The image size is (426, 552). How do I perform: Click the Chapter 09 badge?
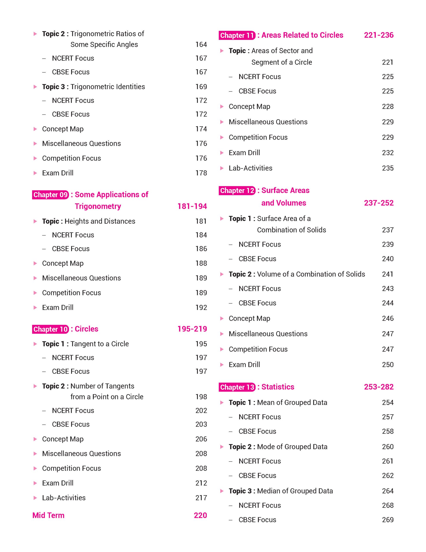point(50,195)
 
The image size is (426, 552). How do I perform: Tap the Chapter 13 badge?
point(237,387)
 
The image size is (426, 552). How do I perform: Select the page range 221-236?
point(379,35)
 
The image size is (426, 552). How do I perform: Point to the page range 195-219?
point(192,329)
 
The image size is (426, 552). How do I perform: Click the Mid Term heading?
point(48,515)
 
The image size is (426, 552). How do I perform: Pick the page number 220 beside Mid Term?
point(200,515)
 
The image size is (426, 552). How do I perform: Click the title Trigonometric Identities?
point(108,87)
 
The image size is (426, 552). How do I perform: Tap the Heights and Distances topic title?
point(100,221)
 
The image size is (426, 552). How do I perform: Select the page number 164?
point(201,44)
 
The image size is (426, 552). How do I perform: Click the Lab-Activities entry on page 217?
point(64,498)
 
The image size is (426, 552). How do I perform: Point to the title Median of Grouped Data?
point(295,491)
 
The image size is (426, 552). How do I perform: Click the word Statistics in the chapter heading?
point(278,387)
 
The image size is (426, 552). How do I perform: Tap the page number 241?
point(388,274)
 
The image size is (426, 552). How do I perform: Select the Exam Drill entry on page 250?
point(244,364)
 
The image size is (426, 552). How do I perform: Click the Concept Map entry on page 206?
point(63,439)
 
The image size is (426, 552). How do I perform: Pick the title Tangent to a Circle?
point(100,344)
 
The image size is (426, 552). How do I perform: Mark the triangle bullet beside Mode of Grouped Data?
point(222,447)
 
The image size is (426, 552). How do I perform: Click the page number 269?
point(388,520)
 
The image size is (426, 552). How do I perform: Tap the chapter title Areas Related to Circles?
point(302,35)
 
